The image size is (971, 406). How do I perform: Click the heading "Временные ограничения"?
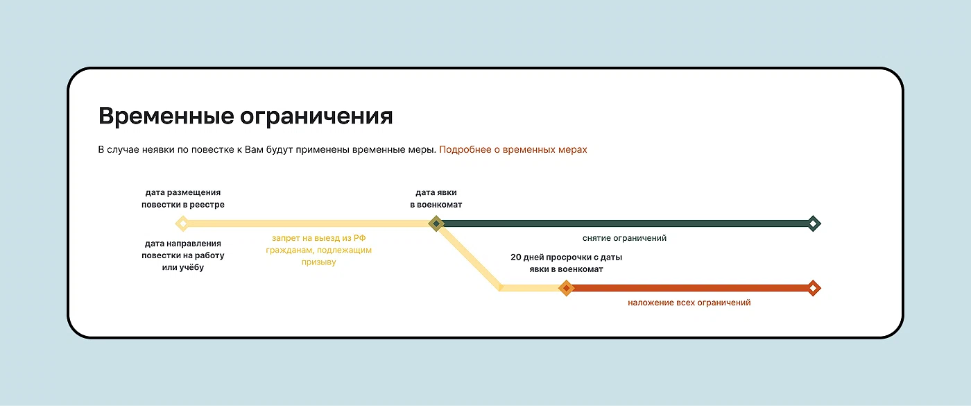(246, 117)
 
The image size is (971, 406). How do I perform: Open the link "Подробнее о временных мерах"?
(513, 150)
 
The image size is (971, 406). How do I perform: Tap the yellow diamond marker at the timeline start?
(182, 223)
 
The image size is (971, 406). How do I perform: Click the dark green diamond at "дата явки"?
(436, 223)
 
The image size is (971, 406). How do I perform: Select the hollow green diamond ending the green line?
(813, 223)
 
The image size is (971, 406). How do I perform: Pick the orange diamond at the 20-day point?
(566, 288)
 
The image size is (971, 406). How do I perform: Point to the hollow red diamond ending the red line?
(813, 288)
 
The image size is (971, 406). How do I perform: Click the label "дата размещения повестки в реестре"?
(183, 198)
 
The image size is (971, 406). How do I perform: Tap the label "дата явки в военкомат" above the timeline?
(436, 198)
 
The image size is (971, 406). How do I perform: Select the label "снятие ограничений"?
(624, 238)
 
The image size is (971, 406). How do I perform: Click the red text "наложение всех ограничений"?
(689, 303)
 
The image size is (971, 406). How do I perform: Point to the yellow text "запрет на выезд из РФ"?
(318, 238)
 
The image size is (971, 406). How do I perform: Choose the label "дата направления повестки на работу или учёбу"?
(183, 255)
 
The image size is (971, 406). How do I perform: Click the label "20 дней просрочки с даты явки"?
(566, 263)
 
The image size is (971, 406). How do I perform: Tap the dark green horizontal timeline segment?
(625, 223)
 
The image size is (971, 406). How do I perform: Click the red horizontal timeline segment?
(689, 288)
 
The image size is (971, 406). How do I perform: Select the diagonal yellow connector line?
(469, 257)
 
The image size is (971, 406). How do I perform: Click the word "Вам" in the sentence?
(254, 150)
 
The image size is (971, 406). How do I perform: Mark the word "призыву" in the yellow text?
(318, 262)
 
